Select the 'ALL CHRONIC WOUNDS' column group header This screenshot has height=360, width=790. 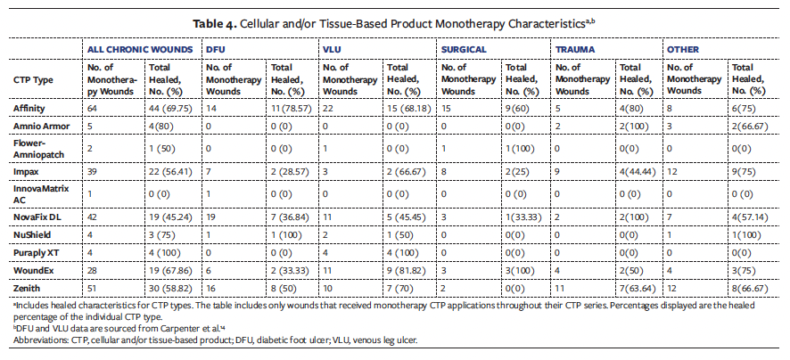[x=140, y=50]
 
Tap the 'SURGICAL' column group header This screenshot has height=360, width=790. [x=465, y=50]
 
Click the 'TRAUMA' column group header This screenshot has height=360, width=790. [x=577, y=50]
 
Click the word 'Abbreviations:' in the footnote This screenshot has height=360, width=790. [x=40, y=340]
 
